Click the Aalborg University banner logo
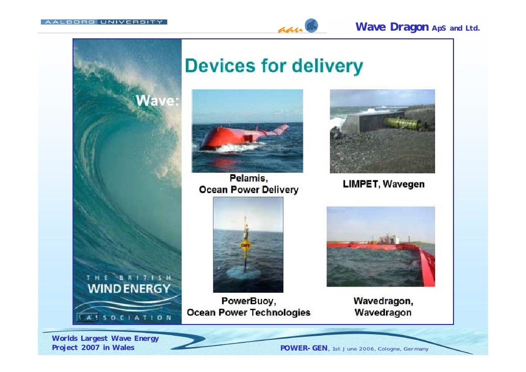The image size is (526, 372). coord(104,22)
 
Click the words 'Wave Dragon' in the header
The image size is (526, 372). coord(392,27)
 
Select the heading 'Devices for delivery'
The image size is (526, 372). coord(274,66)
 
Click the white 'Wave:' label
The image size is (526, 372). coord(157,101)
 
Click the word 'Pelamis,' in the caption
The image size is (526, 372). coord(248,179)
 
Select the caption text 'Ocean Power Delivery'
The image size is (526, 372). coord(248,190)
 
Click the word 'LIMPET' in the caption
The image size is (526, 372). coord(361,184)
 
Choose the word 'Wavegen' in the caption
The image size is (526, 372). coord(403,184)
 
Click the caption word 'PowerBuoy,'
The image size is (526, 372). coord(248,301)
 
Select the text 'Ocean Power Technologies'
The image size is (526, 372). coord(248,312)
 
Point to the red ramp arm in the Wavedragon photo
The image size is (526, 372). coord(425,266)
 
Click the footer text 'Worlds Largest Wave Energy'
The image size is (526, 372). coord(105,338)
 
